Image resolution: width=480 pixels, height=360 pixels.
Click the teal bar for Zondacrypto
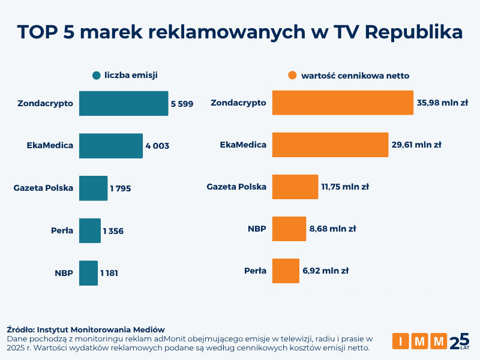click(123, 103)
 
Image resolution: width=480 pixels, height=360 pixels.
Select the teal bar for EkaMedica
click(110, 145)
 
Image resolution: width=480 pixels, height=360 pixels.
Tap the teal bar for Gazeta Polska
click(93, 188)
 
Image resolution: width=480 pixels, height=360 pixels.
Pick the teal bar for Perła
click(89, 230)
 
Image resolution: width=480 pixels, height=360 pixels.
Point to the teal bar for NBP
click(88, 273)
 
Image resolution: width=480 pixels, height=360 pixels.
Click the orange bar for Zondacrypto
click(343, 103)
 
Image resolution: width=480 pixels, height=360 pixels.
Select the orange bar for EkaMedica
click(330, 145)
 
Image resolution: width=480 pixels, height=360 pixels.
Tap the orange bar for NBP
click(289, 229)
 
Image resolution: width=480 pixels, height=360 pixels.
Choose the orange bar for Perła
click(286, 271)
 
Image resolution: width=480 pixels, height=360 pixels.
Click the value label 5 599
click(182, 104)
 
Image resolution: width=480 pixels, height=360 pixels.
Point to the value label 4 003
click(157, 146)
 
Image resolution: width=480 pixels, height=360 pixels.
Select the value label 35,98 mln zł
click(442, 103)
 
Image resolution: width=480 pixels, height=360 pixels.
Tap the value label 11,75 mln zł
click(345, 187)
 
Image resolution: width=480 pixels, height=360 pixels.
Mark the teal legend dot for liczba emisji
click(96, 76)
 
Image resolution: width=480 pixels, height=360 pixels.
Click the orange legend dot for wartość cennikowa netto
click(292, 76)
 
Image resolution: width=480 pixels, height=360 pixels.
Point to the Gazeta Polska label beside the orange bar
click(236, 187)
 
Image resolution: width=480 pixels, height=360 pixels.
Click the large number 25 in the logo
click(459, 341)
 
